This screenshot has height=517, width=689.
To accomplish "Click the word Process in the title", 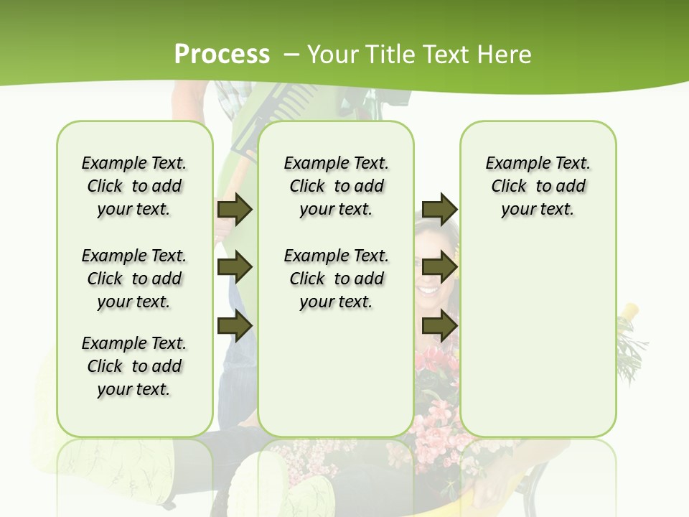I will click(222, 54).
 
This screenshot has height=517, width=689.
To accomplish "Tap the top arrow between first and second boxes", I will click(235, 209).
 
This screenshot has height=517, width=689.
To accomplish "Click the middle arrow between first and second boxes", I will click(235, 268).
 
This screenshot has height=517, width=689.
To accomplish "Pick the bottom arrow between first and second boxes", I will click(235, 326).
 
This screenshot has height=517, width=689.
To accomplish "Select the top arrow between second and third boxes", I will click(439, 209).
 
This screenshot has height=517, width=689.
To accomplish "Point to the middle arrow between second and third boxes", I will click(439, 268).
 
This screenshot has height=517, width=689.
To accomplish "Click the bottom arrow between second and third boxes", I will click(439, 326).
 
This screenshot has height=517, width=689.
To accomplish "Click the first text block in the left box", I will click(134, 186).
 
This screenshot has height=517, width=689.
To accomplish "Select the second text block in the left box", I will click(134, 279).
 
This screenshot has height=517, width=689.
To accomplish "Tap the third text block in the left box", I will click(134, 366).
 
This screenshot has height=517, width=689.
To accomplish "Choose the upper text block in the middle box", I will click(336, 186).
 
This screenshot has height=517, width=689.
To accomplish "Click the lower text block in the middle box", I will click(336, 279).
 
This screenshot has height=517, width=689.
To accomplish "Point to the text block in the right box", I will click(538, 186).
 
